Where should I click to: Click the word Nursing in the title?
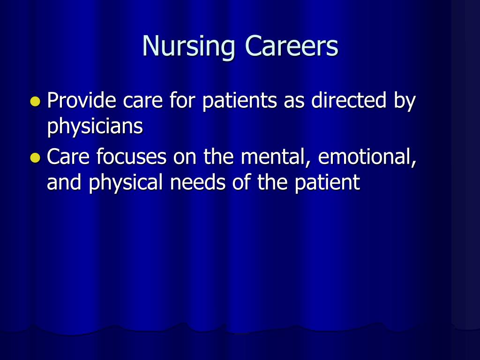[188, 46]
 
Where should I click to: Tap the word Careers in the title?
[292, 45]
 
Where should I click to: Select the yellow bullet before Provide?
[36, 101]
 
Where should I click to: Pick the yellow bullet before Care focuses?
[36, 157]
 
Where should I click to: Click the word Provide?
[82, 100]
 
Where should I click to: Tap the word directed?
[349, 100]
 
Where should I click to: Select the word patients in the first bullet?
[240, 101]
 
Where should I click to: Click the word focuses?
[131, 156]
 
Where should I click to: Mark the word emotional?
[367, 157]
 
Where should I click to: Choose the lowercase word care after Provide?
[142, 102]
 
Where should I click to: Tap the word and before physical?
[64, 182]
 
